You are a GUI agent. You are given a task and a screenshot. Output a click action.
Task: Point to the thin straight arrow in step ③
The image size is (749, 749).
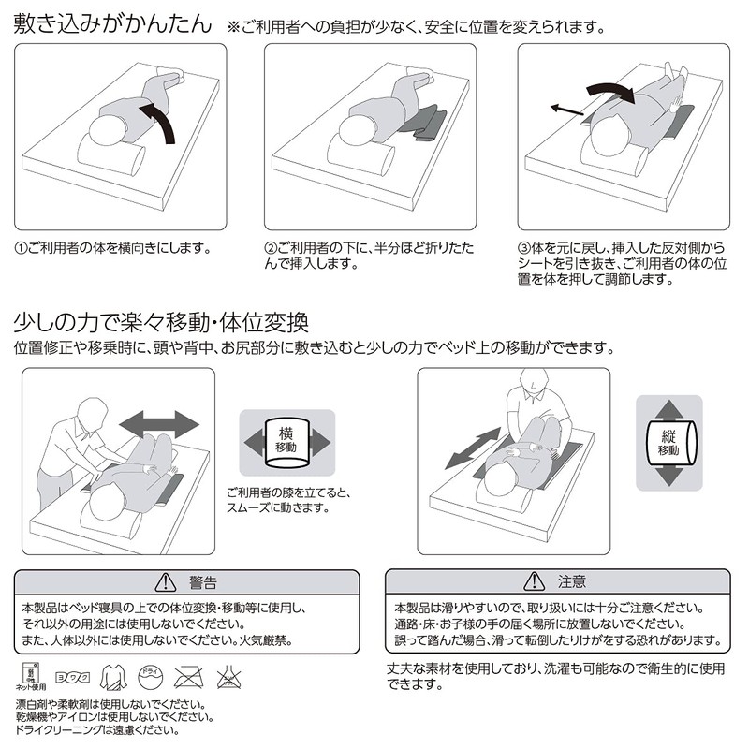coord(567,109)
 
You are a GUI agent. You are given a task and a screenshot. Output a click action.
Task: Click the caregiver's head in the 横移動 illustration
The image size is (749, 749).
coord(90,408)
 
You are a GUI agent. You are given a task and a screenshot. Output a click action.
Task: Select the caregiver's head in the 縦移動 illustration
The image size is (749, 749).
coord(531,380)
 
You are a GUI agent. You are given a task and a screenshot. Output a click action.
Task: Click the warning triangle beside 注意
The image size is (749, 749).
coord(536,581)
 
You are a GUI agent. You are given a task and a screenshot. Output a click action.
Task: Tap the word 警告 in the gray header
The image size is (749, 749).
coord(202,581)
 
